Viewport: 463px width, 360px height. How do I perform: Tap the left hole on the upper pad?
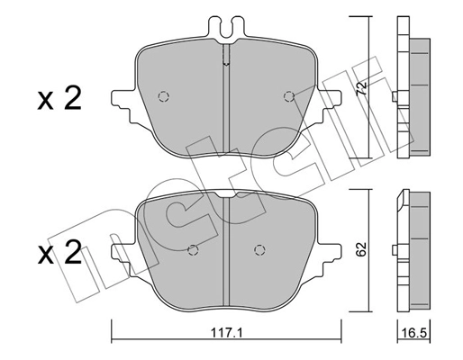(x=163, y=96)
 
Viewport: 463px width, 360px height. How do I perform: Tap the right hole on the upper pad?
(x=288, y=96)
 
